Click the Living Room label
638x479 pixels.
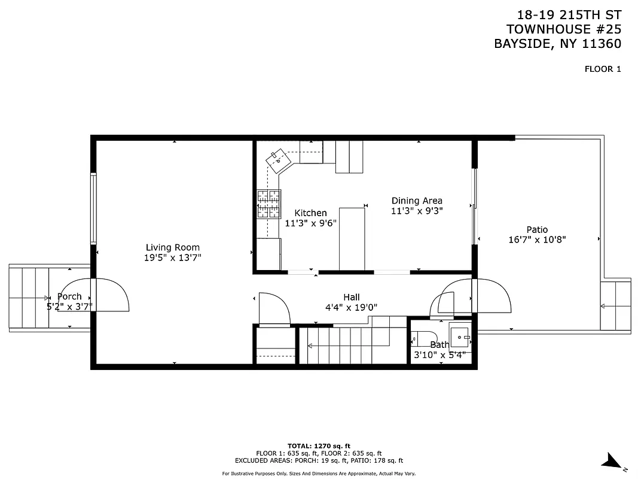[x=173, y=247]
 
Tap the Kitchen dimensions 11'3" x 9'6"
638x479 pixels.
[x=311, y=223]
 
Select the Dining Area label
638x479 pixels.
[x=417, y=201]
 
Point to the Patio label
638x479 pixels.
[x=536, y=229]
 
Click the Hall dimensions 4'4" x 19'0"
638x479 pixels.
[x=351, y=308]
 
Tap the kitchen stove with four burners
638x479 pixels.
[x=268, y=204]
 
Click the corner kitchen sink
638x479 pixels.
[x=278, y=160]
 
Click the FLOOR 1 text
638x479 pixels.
[x=603, y=69]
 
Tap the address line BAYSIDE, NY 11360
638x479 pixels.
[x=557, y=44]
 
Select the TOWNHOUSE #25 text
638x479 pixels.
[x=563, y=29]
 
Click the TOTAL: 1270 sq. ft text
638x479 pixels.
[x=319, y=446]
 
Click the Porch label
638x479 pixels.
[x=69, y=296]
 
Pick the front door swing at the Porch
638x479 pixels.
[x=111, y=295]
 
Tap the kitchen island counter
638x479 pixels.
[x=352, y=239]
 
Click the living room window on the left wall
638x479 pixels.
[x=93, y=208]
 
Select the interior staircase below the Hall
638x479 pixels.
[x=344, y=346]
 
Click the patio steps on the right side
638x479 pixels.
[x=615, y=305]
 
